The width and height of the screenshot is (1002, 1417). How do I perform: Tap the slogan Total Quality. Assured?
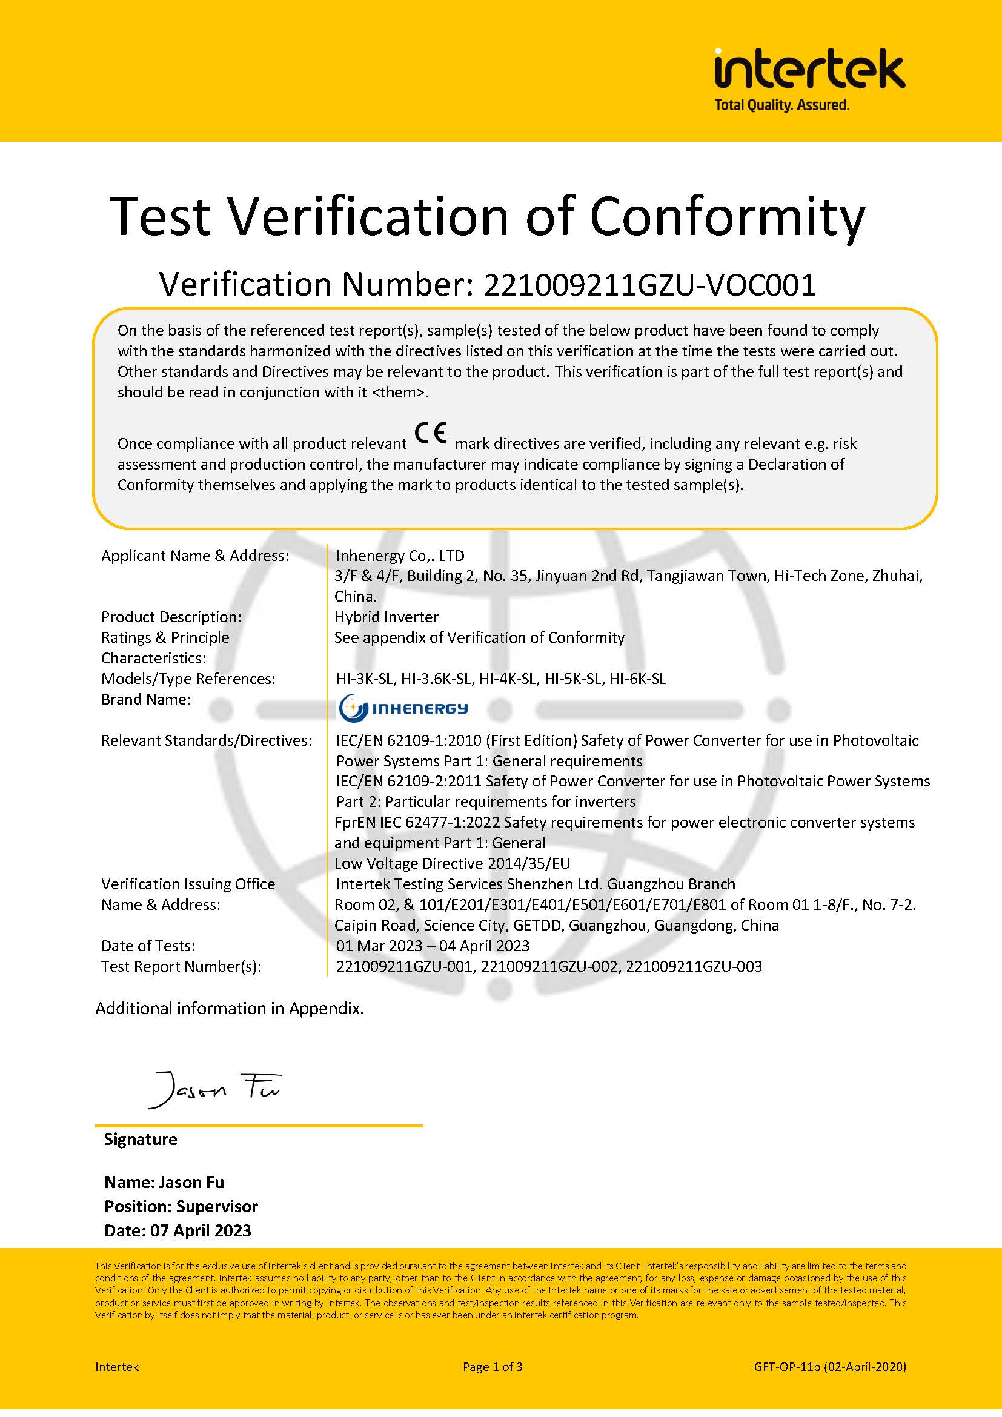(x=781, y=105)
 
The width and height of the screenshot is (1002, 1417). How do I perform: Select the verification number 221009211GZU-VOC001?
(x=649, y=285)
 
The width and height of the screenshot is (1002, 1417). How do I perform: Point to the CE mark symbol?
(x=431, y=433)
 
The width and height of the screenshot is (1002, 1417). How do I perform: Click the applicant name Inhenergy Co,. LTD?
(x=400, y=556)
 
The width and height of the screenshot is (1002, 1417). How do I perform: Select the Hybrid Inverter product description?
(x=387, y=617)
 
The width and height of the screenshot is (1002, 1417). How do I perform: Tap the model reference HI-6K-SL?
(x=637, y=679)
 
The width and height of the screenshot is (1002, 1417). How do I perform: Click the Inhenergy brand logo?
(x=403, y=707)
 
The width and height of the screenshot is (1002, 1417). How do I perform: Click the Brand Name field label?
(x=145, y=699)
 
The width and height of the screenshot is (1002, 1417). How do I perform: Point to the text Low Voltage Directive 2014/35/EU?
(x=453, y=863)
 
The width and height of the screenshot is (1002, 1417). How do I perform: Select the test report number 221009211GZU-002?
(x=549, y=966)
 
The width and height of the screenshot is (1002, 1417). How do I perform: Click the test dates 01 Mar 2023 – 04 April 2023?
(x=433, y=946)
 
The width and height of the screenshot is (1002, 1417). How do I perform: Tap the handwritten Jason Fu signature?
(x=213, y=1090)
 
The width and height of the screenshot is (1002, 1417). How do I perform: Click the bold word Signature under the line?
(x=141, y=1140)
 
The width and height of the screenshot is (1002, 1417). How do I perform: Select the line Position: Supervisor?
(x=181, y=1207)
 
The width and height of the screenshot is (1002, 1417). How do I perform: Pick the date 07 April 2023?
(x=201, y=1230)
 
